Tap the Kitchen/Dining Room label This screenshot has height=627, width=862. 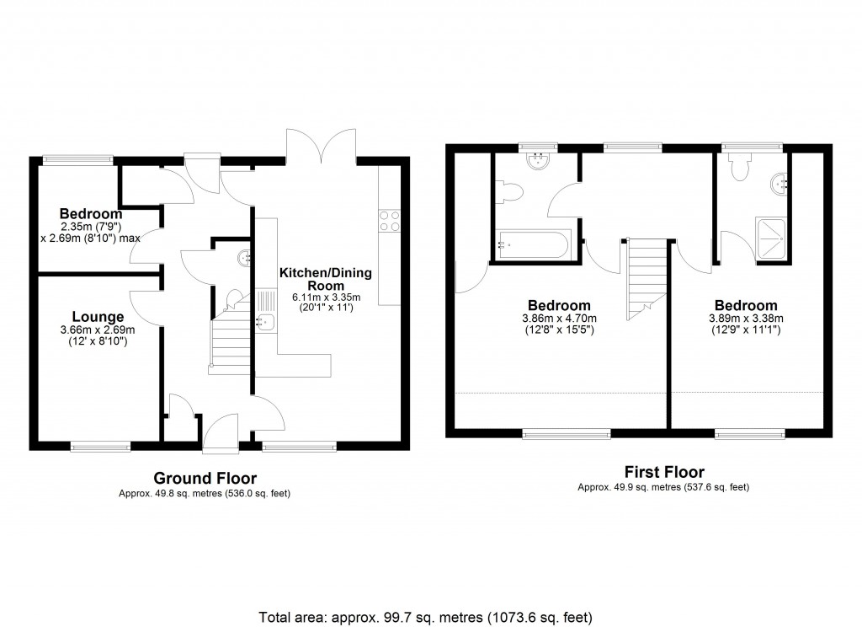pos(326,280)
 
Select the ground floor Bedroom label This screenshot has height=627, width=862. pos(91,214)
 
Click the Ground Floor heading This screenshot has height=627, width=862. pos(205,479)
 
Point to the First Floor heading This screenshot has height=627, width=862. pos(663,472)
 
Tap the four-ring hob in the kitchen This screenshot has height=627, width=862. pos(390,221)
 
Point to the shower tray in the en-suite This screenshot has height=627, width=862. pos(772,239)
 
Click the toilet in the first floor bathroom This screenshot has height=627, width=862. pos(511,195)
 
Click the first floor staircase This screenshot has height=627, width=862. pos(645,279)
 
